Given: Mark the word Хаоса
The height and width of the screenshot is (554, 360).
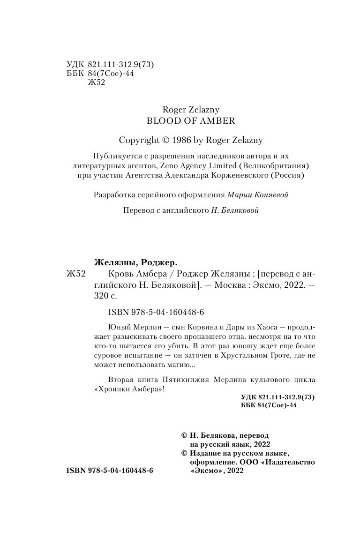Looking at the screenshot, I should point(255,327).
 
